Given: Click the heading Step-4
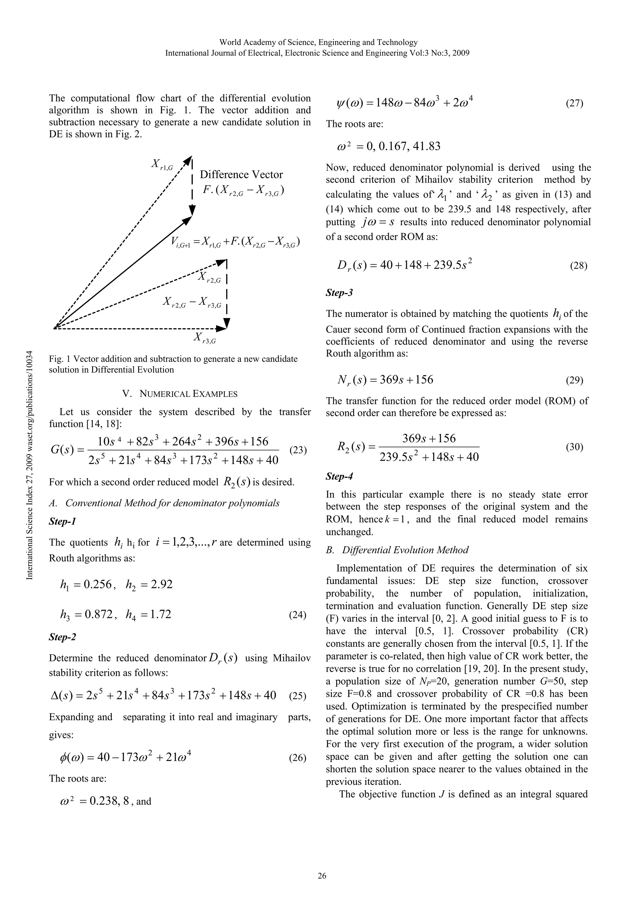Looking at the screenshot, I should point(339,476).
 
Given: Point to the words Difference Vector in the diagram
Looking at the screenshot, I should point(241,174).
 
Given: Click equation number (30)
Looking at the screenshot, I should point(574,447).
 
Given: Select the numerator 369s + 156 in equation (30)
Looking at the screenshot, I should point(429,438).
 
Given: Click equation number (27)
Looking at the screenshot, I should point(574,104).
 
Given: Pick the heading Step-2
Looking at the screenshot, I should point(63,637).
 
